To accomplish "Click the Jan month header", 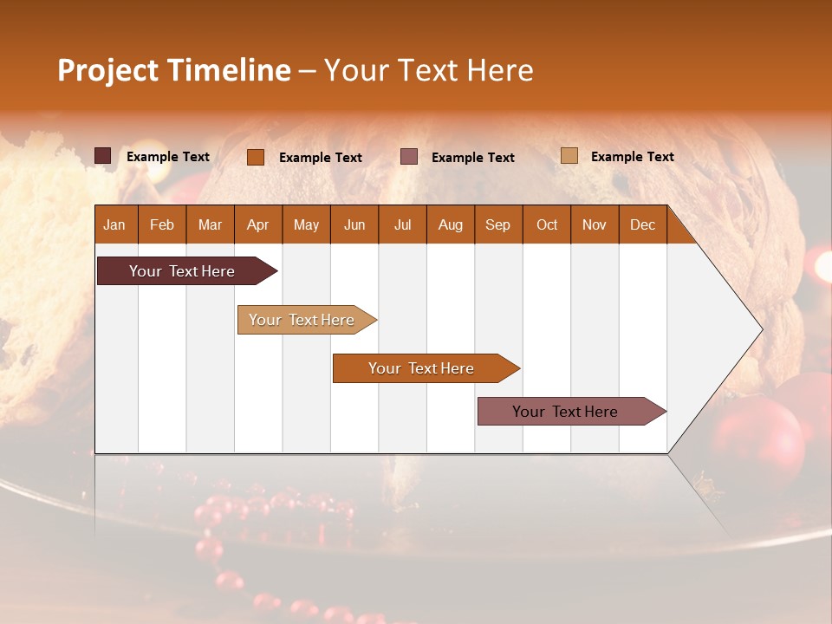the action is (x=114, y=224).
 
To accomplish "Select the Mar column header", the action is (x=210, y=224).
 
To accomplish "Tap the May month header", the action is (x=306, y=224).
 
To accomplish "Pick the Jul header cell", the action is (x=402, y=224).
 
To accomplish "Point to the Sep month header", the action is (x=497, y=224).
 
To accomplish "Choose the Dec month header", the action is (x=642, y=224).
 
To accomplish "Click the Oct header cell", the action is (x=547, y=224).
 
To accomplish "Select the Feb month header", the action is (x=162, y=224).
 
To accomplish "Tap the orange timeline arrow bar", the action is (x=422, y=368).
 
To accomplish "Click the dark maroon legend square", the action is (x=103, y=156).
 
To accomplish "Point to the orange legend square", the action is (x=256, y=157).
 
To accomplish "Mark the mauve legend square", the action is (x=409, y=156).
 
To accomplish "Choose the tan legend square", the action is (x=569, y=156).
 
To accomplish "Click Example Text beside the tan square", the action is (x=632, y=157).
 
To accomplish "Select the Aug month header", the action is (x=450, y=224).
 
